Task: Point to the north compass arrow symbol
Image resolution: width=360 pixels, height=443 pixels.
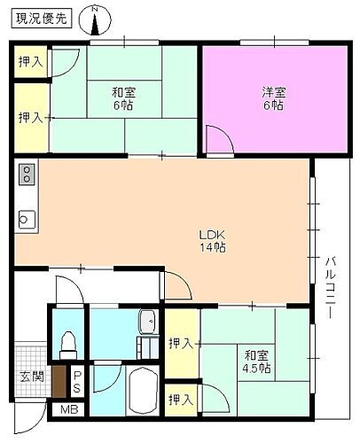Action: click(96, 19)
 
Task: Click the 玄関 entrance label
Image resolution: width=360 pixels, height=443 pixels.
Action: click(31, 376)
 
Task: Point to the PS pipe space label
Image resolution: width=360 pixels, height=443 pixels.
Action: click(77, 382)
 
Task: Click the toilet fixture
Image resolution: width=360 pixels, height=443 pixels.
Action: click(67, 342)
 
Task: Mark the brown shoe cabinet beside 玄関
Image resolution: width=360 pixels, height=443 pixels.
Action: click(59, 381)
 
